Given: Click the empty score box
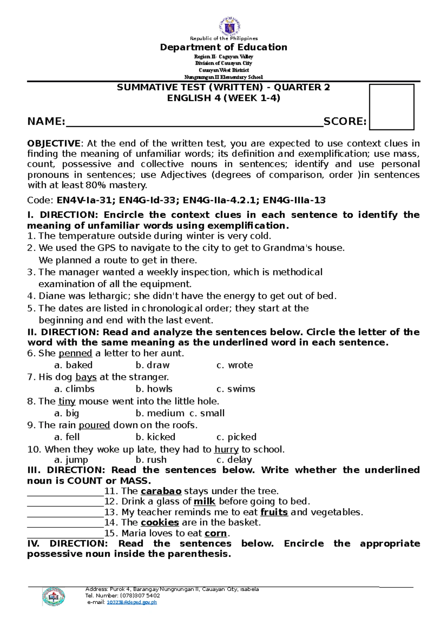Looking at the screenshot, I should pyautogui.click(x=391, y=107).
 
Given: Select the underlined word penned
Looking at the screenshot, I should pyautogui.click(x=75, y=353).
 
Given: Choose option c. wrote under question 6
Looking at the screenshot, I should pyautogui.click(x=235, y=365).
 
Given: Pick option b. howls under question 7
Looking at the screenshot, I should pyautogui.click(x=154, y=389).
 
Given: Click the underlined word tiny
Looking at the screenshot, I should pyautogui.click(x=67, y=401).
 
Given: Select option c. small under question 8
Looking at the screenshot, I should pyautogui.click(x=207, y=413).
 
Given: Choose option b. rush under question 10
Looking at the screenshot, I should pyautogui.click(x=151, y=460).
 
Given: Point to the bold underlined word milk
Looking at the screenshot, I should pyautogui.click(x=205, y=502).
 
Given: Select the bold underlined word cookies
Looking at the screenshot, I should pyautogui.click(x=159, y=523).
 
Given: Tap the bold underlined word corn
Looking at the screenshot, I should pyautogui.click(x=216, y=533).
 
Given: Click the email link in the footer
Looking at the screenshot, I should pyautogui.click(x=131, y=602).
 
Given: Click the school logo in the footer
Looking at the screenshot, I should pyautogui.click(x=54, y=597).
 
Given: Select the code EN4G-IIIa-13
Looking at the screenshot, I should pyautogui.click(x=294, y=201).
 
